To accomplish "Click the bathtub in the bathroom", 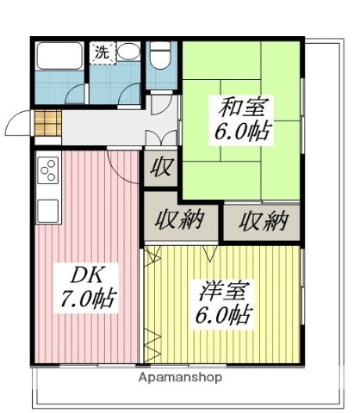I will pos(59,56).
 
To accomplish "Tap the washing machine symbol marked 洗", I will pos(102,52).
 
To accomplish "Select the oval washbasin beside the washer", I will pos(128,52).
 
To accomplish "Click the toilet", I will pos(159,57).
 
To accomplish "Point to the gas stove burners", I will pos(48,168).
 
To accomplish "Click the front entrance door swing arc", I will pos(19,125).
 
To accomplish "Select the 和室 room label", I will pos(232,108).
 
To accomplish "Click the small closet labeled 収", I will pos(160,165).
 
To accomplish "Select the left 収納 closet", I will pos(180,220).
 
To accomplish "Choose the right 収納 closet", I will pos(262,220).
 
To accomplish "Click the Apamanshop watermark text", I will pos(179,378).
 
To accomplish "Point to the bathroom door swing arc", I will pos(78,93).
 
